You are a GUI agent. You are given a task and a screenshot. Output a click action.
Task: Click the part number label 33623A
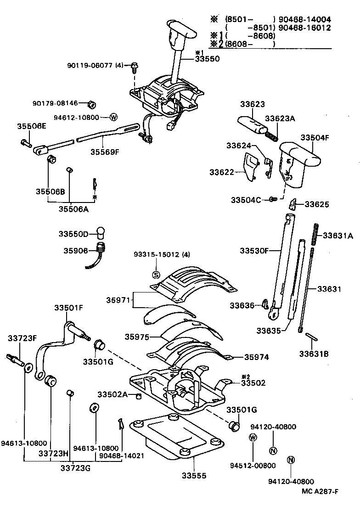[x=280, y=118]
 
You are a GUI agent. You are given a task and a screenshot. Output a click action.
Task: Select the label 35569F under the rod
[x=104, y=151]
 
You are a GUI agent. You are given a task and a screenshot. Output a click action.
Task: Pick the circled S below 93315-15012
[x=156, y=275]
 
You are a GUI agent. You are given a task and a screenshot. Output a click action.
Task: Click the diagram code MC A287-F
[x=320, y=492]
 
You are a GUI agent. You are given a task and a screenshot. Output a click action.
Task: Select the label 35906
[x=75, y=251]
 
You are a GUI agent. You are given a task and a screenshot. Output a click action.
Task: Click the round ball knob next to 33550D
[x=101, y=231]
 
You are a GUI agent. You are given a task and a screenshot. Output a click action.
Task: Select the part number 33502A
[x=112, y=394]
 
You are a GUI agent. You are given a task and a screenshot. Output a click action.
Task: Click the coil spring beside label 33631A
[x=315, y=235]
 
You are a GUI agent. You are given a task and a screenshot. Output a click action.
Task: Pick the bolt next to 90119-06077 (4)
[x=134, y=67]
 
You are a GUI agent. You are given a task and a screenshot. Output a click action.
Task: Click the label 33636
[x=242, y=305]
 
